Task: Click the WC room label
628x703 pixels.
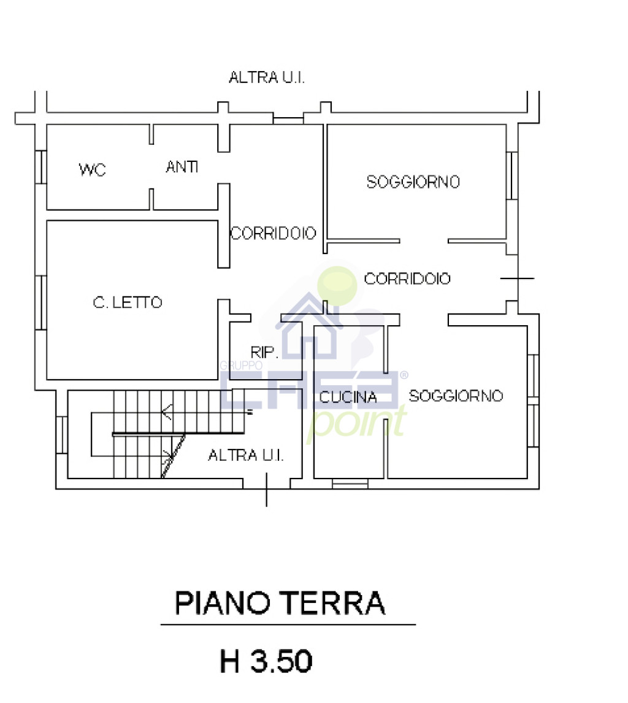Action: pos(93,169)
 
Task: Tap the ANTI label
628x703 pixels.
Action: pos(182,166)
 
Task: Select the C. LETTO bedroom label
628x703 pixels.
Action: pos(128,302)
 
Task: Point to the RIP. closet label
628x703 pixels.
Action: pos(265,352)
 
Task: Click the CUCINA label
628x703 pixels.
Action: pos(348,398)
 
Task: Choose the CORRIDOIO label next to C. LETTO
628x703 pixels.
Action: pos(273,233)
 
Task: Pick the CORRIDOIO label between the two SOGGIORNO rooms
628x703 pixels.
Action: pos(407,279)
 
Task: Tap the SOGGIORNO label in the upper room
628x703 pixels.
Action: pos(413,182)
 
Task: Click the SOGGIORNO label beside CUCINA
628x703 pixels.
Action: pos(456,396)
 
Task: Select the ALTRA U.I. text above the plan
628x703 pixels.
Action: pos(267,78)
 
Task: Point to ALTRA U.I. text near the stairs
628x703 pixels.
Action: pos(245,455)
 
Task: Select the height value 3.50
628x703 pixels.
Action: pos(281,662)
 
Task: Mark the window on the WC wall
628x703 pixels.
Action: pos(41,166)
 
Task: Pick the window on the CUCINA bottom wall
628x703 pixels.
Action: pos(350,484)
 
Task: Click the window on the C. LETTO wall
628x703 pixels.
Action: pos(40,302)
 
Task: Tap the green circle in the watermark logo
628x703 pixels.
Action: pos(338,283)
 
